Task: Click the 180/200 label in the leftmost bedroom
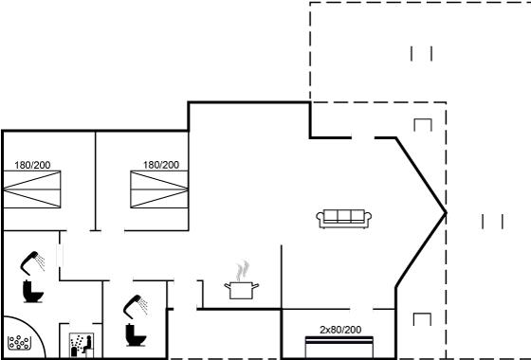click(x=32, y=165)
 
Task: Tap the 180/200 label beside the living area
click(x=161, y=165)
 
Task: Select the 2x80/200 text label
click(x=340, y=330)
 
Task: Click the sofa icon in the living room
click(x=343, y=219)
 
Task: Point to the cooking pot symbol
click(x=242, y=291)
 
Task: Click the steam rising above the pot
click(x=243, y=271)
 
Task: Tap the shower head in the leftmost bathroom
click(x=32, y=263)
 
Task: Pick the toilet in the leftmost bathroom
click(x=32, y=292)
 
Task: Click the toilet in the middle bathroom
click(x=136, y=335)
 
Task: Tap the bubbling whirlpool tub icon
click(x=19, y=343)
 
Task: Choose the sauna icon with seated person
click(x=82, y=345)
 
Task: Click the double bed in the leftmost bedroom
click(x=32, y=189)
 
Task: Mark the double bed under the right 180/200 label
click(x=159, y=189)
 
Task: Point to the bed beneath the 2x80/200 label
click(x=339, y=347)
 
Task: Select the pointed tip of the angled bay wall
click(x=446, y=213)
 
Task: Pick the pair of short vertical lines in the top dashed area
click(x=422, y=53)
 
